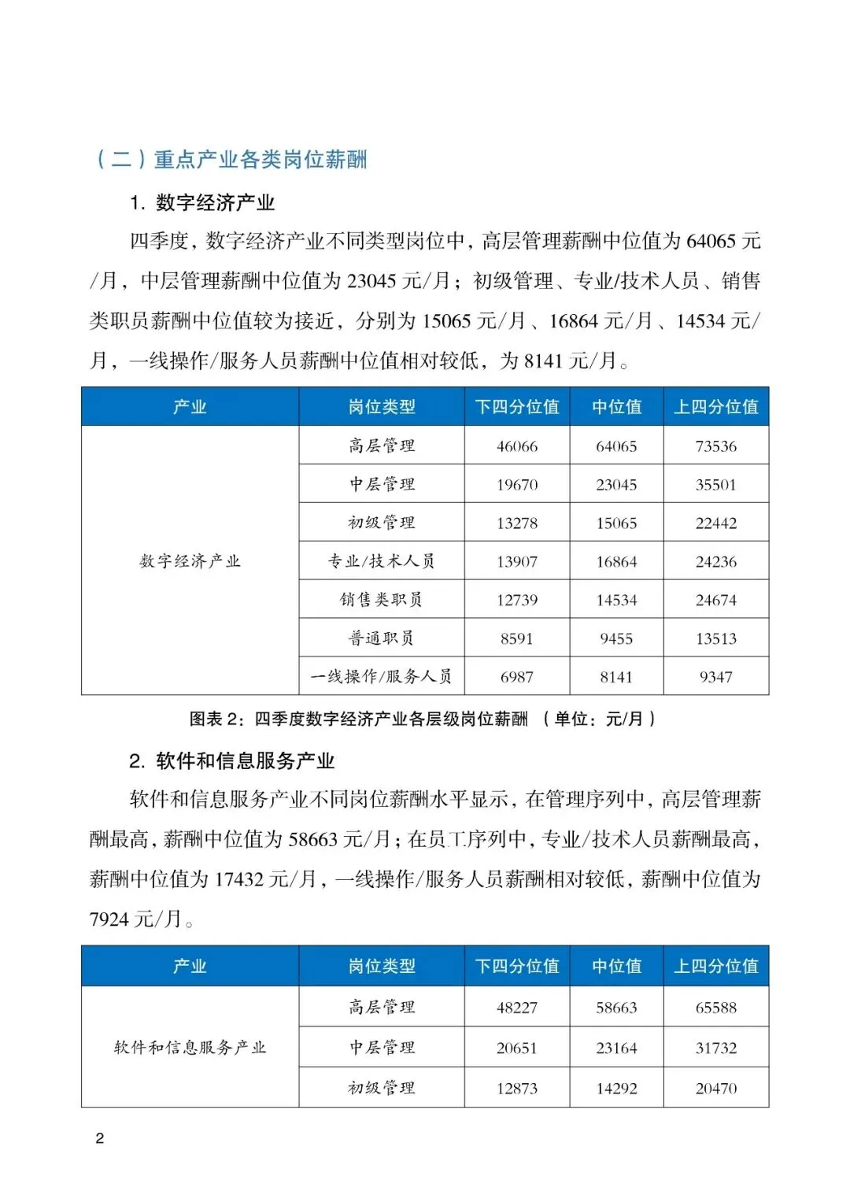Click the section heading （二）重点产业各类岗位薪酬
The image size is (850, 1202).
[x=231, y=160]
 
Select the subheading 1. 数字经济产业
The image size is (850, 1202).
[x=202, y=203]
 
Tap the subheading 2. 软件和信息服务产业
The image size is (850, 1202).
[x=232, y=761]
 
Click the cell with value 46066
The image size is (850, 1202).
[x=517, y=446]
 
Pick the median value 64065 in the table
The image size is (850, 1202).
[x=616, y=446]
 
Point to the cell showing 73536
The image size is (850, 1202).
[x=715, y=446]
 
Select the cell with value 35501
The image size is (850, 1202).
[x=715, y=485]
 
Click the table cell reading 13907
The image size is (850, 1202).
[x=517, y=562]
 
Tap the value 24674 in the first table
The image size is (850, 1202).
[x=715, y=601]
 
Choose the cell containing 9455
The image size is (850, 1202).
[x=616, y=638]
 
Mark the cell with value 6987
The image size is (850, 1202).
[x=517, y=677]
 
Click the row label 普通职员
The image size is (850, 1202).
[x=382, y=638]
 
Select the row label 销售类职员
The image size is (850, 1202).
[x=382, y=600]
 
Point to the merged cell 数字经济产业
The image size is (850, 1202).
[x=190, y=561]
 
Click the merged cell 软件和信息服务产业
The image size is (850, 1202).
[x=190, y=1048]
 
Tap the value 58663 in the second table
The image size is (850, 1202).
[x=616, y=1008]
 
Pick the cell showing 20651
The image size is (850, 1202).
[x=517, y=1049]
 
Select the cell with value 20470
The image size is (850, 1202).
[x=715, y=1089]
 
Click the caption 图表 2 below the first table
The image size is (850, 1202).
[x=423, y=719]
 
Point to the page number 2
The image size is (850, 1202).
[x=100, y=1138]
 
